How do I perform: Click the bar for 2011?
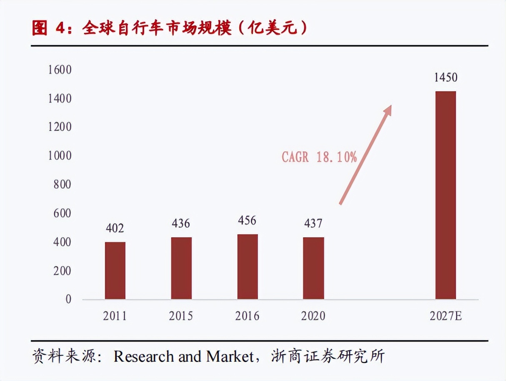[115, 271]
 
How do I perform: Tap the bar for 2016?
[248, 267]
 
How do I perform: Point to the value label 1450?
[446, 78]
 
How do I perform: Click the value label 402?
[115, 228]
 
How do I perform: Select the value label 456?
[247, 220]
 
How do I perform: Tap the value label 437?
[313, 224]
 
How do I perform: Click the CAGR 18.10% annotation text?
[319, 157]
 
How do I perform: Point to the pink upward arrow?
[366, 154]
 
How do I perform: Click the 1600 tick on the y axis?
[60, 70]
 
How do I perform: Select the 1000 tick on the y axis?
[60, 156]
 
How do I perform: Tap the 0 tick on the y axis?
[68, 299]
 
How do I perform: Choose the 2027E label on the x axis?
[446, 316]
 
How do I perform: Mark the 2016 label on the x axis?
[247, 316]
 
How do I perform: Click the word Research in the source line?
[144, 357]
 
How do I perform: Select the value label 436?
[181, 224]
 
